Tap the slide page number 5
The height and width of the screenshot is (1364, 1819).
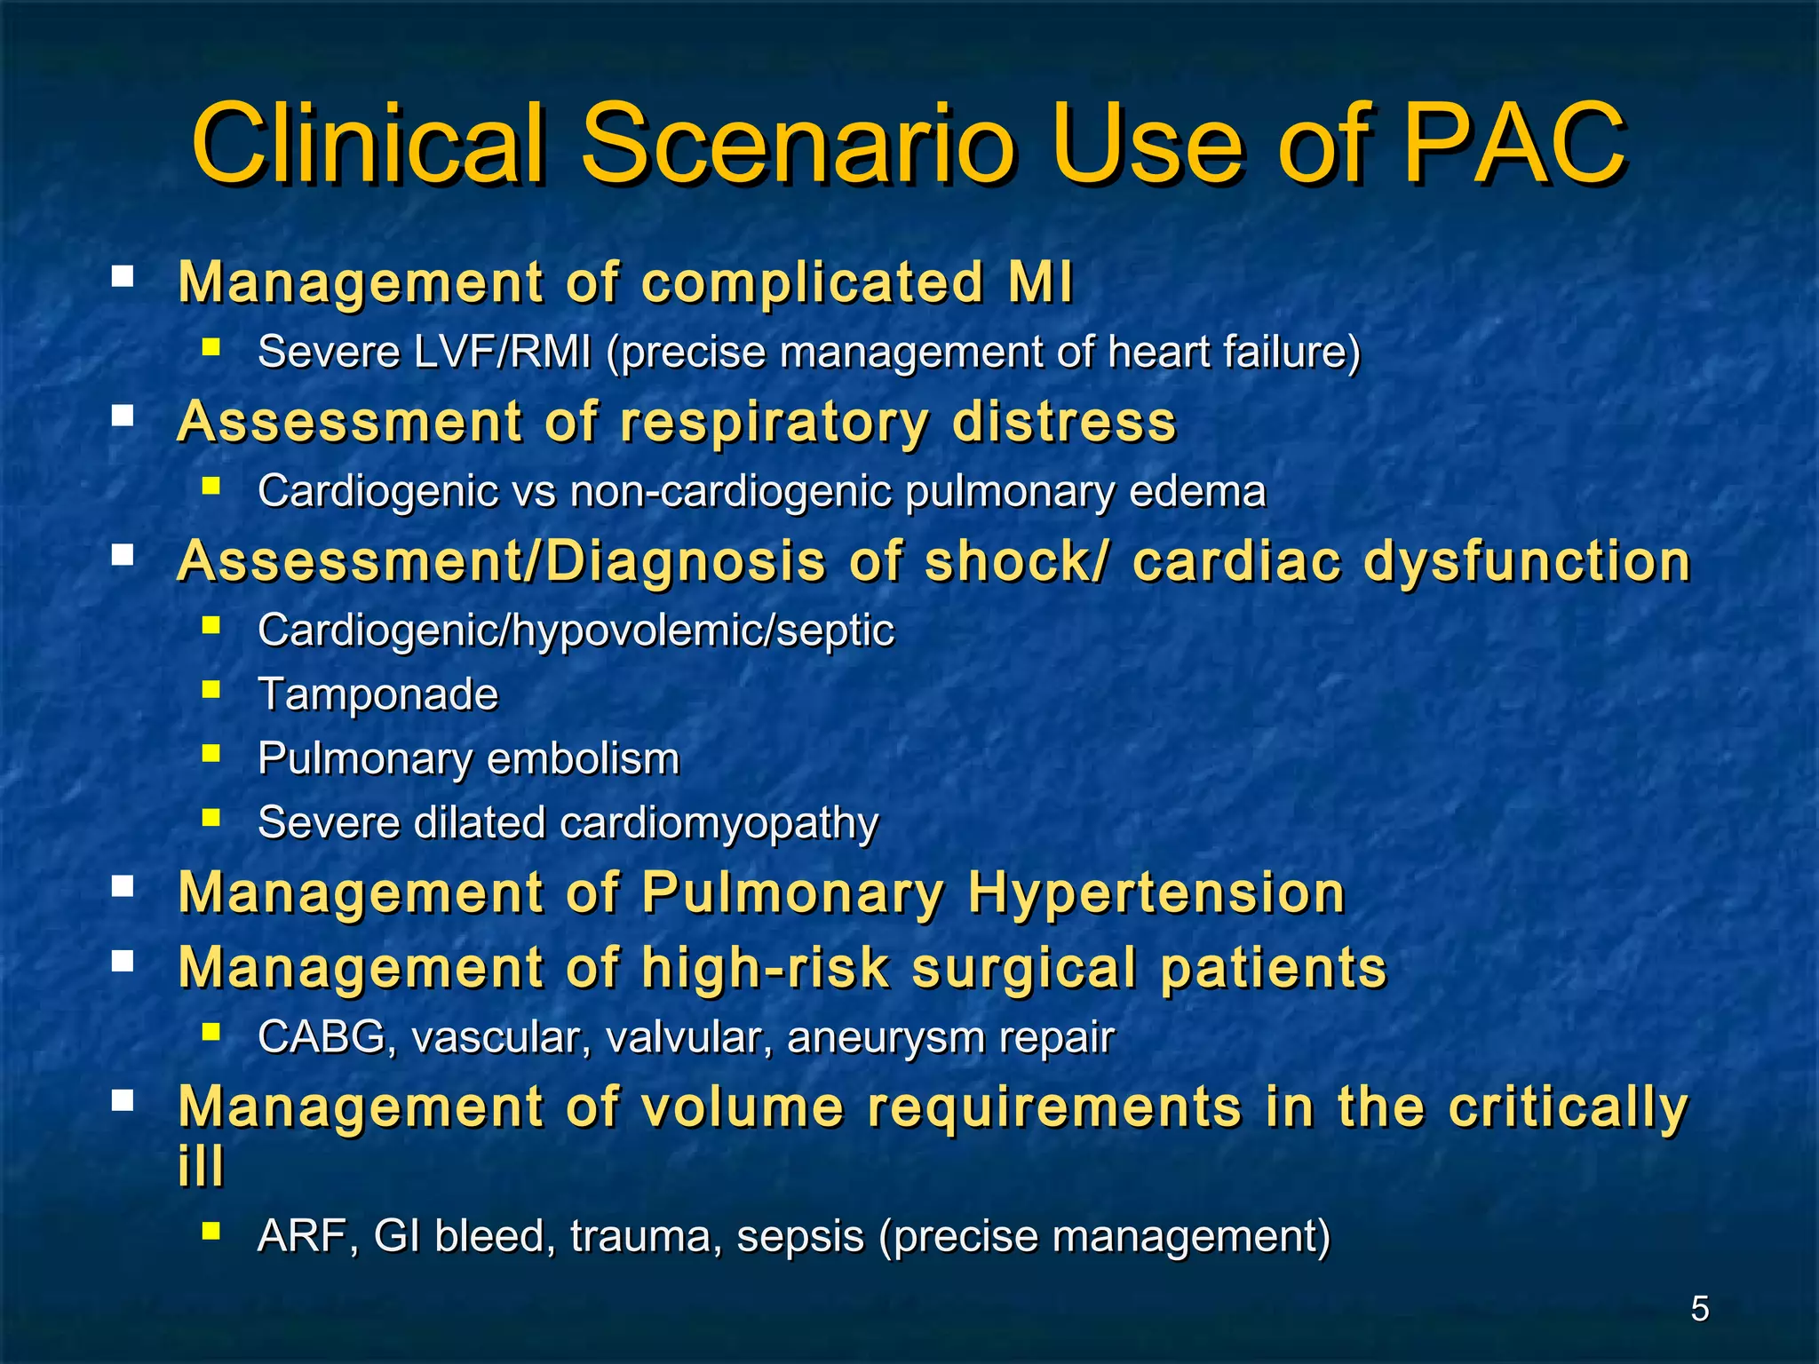[x=1699, y=1309]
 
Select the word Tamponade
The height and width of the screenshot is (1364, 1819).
[x=377, y=694]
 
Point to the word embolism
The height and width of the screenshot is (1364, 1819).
[x=583, y=759]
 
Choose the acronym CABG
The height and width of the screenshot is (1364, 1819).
[x=321, y=1037]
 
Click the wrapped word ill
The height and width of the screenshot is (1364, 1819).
[x=201, y=1165]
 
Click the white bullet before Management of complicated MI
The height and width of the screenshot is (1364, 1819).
[x=123, y=276]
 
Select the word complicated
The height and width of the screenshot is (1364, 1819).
[x=812, y=283]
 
